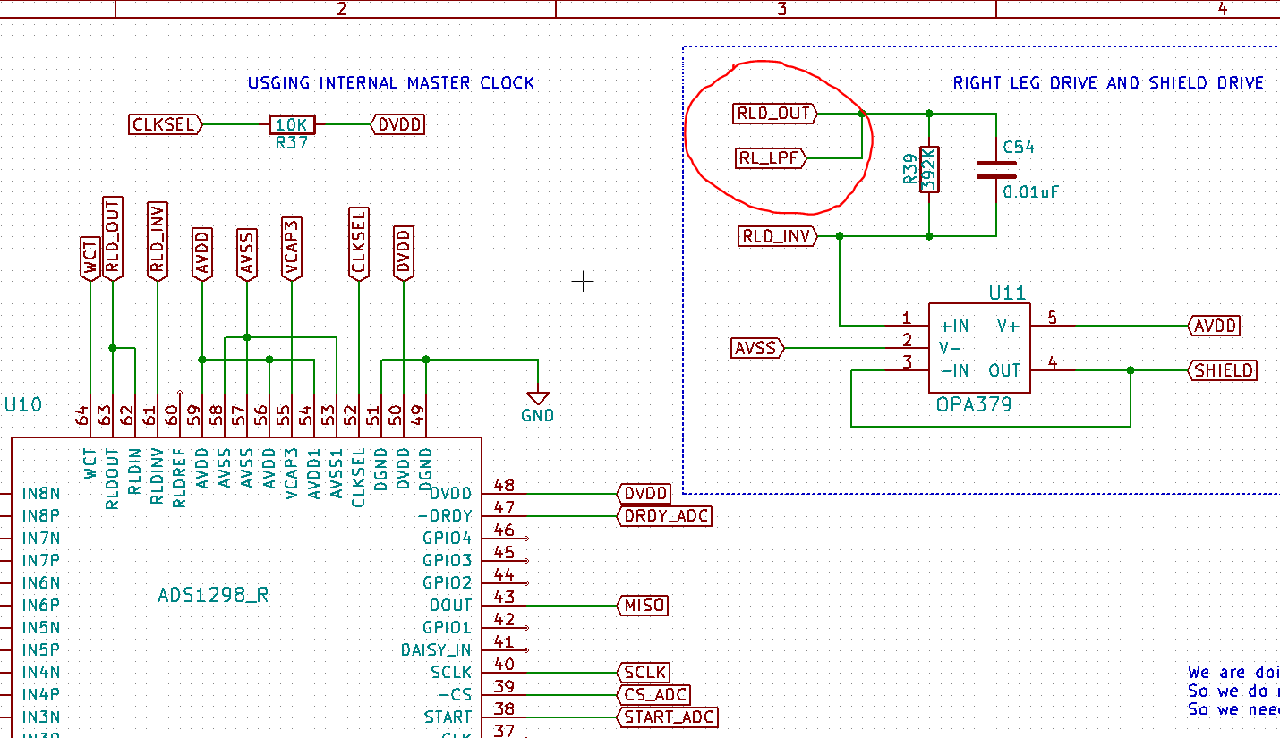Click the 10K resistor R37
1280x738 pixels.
[x=292, y=125]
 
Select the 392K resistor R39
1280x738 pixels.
[x=929, y=168]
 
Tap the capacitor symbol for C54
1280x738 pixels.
[x=995, y=170]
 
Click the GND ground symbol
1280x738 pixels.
[x=537, y=399]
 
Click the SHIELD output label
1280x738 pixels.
[x=1224, y=370]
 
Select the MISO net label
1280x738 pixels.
[x=644, y=606]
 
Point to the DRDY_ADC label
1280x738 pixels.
[x=665, y=516]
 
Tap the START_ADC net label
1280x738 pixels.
[x=668, y=717]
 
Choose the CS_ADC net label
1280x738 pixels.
[x=654, y=695]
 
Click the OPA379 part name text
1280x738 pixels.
[x=973, y=404]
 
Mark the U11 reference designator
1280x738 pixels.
[x=1007, y=293]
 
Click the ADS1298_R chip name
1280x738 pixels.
[x=213, y=595]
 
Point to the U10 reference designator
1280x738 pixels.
[x=23, y=404]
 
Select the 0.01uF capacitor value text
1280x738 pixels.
[x=1031, y=191]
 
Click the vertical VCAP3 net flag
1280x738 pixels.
[x=290, y=248]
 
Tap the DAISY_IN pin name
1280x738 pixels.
[x=436, y=650]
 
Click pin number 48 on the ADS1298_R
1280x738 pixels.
[x=504, y=486]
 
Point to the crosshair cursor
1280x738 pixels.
[x=583, y=282]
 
